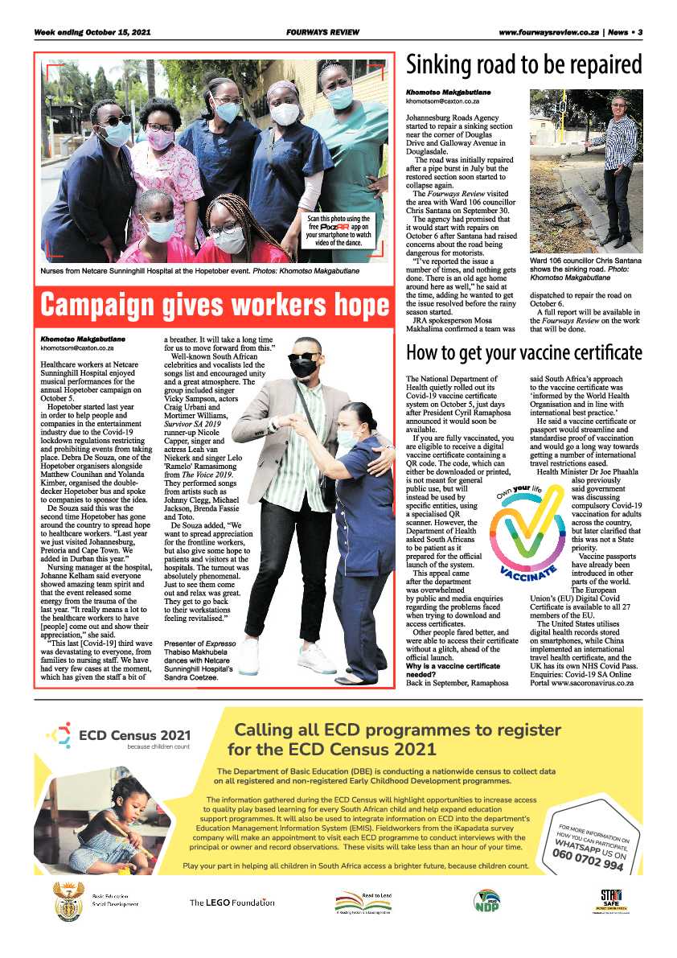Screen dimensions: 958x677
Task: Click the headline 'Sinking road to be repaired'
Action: coord(523,65)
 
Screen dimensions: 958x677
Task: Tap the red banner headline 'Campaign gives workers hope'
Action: coord(215,306)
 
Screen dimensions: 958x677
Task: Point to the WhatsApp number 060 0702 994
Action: coord(587,861)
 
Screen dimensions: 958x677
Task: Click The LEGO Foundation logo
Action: coord(232,902)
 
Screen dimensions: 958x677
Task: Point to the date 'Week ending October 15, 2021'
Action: coord(92,33)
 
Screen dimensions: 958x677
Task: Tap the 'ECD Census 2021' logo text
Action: coord(135,734)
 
